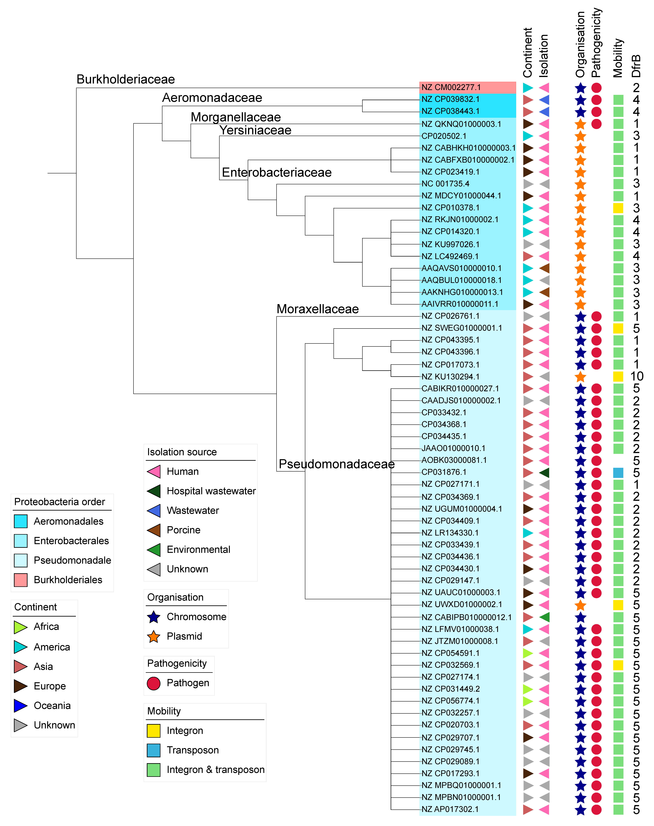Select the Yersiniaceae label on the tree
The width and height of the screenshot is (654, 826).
tap(255, 130)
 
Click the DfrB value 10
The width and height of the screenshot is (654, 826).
tap(636, 376)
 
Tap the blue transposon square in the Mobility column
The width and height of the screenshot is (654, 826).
tap(618, 472)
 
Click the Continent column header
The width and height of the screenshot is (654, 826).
tap(528, 53)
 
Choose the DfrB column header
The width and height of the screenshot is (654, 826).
tap(636, 66)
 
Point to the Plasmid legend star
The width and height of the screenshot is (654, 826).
tap(154, 636)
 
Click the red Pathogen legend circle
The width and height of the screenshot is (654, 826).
tap(154, 683)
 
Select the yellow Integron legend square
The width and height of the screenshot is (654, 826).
tap(154, 731)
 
